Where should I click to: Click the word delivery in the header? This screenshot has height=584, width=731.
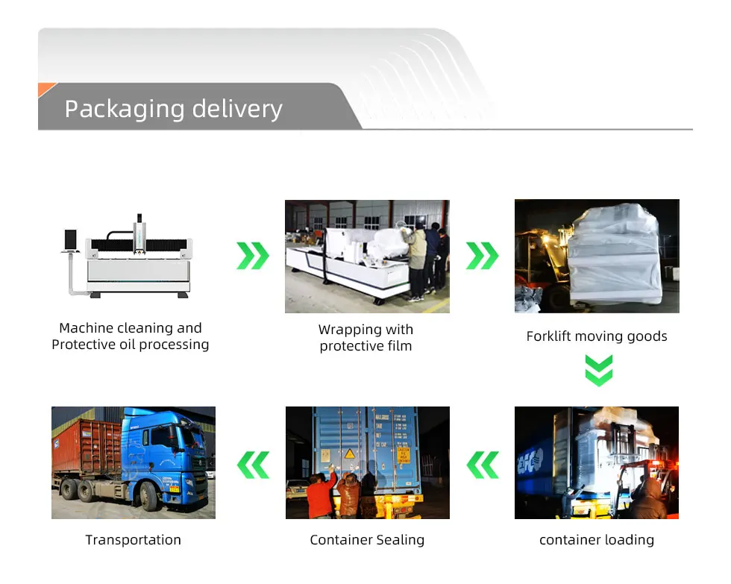pyautogui.click(x=237, y=109)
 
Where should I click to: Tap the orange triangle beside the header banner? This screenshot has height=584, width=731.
pyautogui.click(x=46, y=90)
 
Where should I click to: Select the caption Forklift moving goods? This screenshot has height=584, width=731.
pyautogui.click(x=596, y=336)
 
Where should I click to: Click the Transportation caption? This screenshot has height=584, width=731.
pyautogui.click(x=133, y=540)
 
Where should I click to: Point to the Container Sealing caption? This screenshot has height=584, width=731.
pyautogui.click(x=367, y=540)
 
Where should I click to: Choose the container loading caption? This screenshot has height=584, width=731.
pyautogui.click(x=596, y=540)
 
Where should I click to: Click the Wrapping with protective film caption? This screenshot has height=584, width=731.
pyautogui.click(x=365, y=338)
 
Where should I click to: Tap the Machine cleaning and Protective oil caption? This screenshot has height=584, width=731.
pyautogui.click(x=131, y=336)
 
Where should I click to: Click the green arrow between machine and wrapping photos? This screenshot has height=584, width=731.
pyautogui.click(x=253, y=256)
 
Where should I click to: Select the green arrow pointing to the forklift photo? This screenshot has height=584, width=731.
pyautogui.click(x=482, y=256)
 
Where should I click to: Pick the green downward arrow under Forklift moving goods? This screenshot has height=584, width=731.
pyautogui.click(x=598, y=370)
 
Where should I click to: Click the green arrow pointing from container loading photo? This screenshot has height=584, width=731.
pyautogui.click(x=483, y=465)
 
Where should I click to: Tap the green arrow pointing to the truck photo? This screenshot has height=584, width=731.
pyautogui.click(x=253, y=465)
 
